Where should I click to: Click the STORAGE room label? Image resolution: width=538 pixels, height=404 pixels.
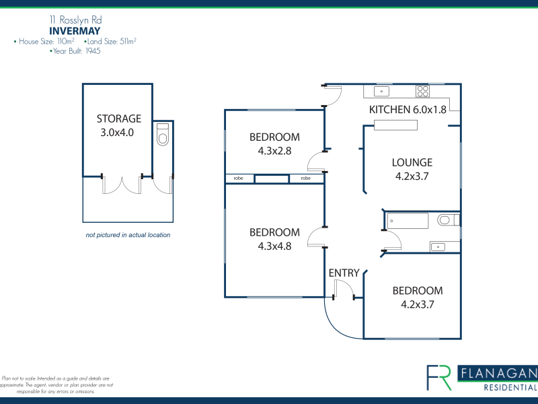(119, 119)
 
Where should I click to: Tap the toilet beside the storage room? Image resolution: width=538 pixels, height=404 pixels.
(163, 134)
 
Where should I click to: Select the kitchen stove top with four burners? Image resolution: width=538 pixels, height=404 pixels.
(423, 92)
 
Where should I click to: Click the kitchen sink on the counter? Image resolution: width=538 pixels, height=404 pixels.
(381, 92)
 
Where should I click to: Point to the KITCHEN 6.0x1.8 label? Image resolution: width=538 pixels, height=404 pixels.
(408, 110)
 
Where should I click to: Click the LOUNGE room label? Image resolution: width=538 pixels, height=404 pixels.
(412, 162)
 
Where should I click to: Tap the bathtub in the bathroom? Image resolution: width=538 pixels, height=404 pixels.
(408, 221)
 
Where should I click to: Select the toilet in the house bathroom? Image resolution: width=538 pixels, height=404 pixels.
(448, 220)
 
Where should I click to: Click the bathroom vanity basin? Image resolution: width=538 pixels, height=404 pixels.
(438, 246)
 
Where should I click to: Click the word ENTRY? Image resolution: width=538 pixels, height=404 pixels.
(344, 273)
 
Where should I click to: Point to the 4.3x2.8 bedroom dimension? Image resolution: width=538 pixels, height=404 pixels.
(274, 151)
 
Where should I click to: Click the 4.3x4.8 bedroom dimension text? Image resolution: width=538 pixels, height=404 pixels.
(274, 246)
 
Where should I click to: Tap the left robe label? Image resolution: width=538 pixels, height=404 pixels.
(238, 178)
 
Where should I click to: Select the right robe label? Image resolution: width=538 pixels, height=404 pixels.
(306, 178)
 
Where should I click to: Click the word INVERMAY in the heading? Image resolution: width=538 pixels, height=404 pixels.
(75, 31)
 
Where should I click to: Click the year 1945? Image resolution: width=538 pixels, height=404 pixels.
(93, 51)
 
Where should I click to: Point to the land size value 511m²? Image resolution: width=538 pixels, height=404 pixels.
(128, 41)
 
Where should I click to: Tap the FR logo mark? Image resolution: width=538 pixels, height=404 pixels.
(439, 378)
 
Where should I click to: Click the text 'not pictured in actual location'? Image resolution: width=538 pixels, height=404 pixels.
(128, 235)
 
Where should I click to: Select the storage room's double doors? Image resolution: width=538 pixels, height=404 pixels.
(122, 184)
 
